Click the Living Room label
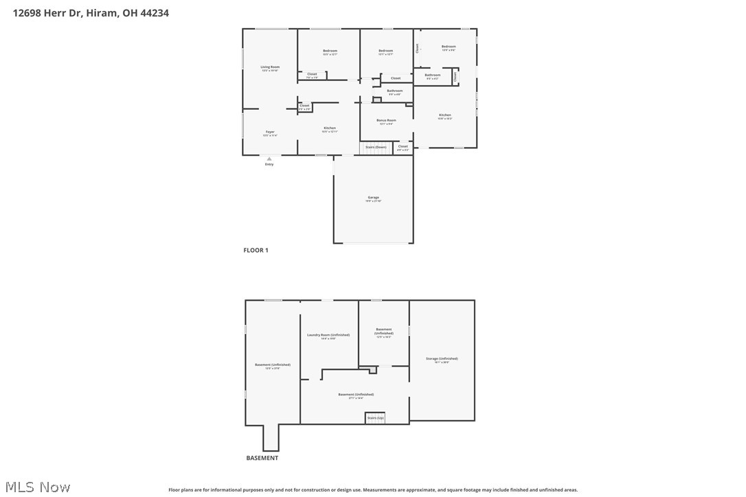[x=270, y=67]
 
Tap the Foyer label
[x=270, y=132]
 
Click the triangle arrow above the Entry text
[x=269, y=159]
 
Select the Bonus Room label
[x=386, y=120]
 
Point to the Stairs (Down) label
[x=376, y=147]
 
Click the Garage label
[x=373, y=198]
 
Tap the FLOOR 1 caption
[x=256, y=251]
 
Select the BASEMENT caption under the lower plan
[x=262, y=458]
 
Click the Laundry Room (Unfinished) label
[x=328, y=335]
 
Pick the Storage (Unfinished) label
[x=442, y=358]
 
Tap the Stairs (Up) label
[x=375, y=417]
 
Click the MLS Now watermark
[x=36, y=487]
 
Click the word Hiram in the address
[x=104, y=12]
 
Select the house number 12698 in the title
[x=27, y=12]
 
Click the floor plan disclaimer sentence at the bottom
[x=373, y=490]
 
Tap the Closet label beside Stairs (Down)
[x=403, y=146]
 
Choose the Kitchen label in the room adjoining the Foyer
[x=330, y=128]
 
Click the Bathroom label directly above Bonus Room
[x=395, y=91]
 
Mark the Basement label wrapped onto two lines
[x=384, y=331]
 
